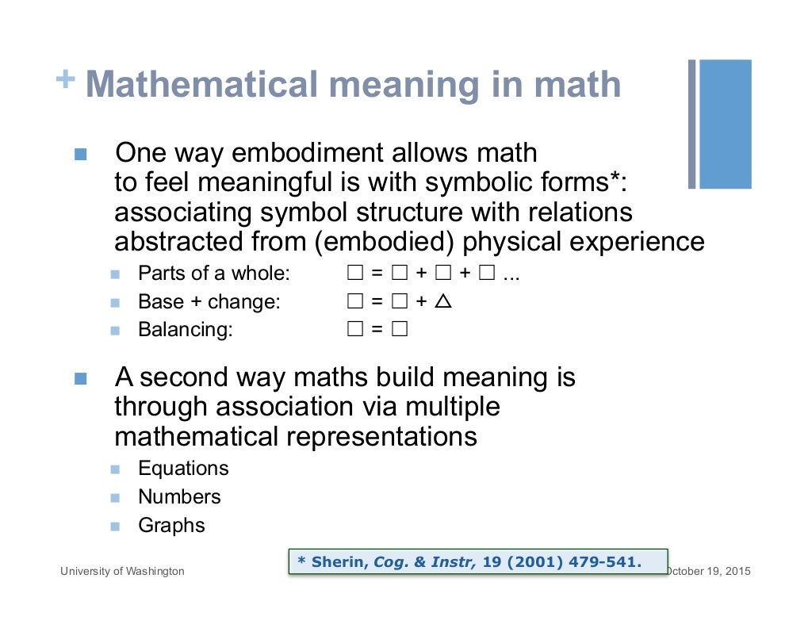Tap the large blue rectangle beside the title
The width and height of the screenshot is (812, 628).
point(725,124)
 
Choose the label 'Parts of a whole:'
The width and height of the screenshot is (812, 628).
point(214,274)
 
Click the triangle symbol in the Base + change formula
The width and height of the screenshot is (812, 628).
point(444,301)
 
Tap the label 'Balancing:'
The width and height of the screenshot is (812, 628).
point(186,329)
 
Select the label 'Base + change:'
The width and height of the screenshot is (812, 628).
point(209,302)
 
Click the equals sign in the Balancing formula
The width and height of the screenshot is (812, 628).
point(377,329)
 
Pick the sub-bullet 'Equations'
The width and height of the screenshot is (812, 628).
point(183,468)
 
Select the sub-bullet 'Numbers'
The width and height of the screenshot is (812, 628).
point(179,497)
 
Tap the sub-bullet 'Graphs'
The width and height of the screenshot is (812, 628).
point(171,526)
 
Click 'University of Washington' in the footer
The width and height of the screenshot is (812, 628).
point(123,571)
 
